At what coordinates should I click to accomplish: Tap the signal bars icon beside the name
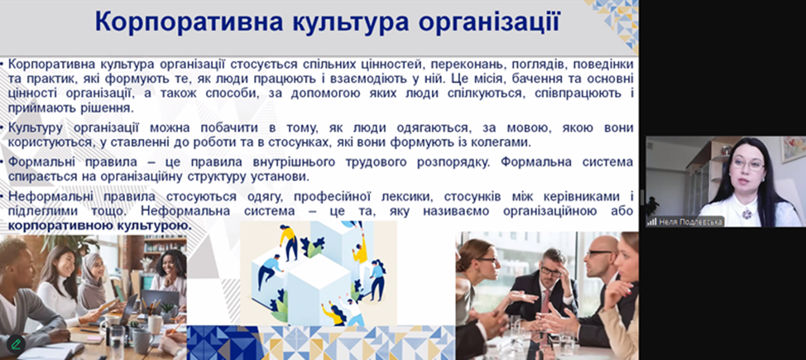pyautogui.click(x=652, y=222)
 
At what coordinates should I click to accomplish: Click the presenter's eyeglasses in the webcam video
pyautogui.click(x=748, y=165)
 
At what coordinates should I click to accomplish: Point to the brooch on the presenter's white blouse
pyautogui.click(x=747, y=213)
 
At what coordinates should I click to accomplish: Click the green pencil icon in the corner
pyautogui.click(x=16, y=343)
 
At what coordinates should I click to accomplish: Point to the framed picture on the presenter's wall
pyautogui.click(x=793, y=148)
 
